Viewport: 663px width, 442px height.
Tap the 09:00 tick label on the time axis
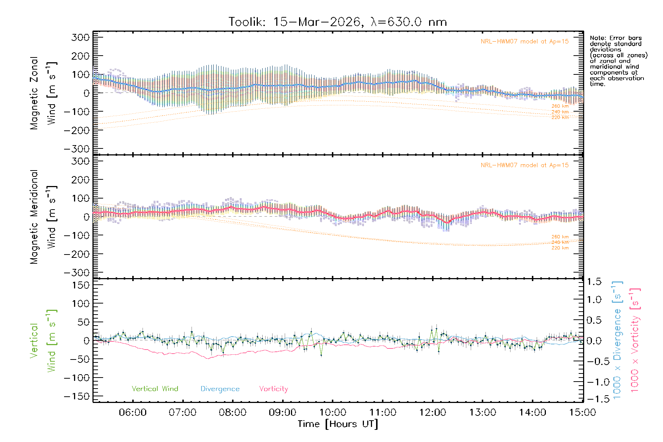point(283,412)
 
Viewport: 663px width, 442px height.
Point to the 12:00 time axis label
point(432,412)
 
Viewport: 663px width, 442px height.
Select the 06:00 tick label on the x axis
point(133,412)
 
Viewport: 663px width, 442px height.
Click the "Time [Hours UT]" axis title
point(338,424)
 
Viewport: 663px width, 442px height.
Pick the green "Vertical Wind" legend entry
point(155,389)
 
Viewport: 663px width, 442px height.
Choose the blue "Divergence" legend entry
point(220,389)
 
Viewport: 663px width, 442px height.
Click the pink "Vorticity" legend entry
point(273,389)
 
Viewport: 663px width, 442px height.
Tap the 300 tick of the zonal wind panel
point(80,37)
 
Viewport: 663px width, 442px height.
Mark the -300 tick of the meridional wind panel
point(77,273)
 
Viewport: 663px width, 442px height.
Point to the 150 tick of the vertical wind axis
point(80,285)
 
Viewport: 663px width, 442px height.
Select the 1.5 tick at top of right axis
point(594,282)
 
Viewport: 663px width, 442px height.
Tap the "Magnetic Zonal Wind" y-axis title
point(43,93)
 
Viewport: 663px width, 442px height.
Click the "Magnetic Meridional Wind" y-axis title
point(43,217)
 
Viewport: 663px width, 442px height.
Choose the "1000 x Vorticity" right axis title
point(635,340)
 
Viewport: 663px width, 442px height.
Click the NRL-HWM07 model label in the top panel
point(525,42)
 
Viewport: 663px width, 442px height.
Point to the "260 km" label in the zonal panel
point(560,106)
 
